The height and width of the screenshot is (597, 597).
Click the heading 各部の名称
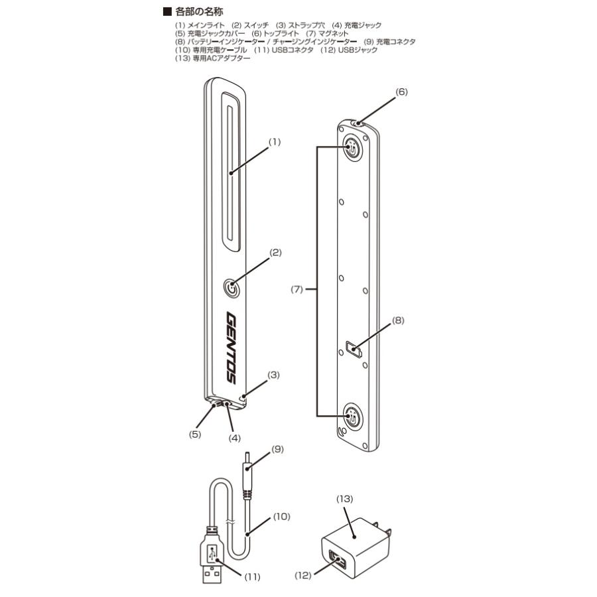[199, 12]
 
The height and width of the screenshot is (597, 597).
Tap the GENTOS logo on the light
[231, 348]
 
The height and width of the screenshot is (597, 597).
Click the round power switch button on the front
[231, 288]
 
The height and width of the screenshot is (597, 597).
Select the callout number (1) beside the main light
[275, 142]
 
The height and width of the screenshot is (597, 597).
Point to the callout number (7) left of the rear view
[297, 289]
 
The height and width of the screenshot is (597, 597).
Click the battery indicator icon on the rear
[354, 349]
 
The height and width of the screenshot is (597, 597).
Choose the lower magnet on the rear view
[352, 416]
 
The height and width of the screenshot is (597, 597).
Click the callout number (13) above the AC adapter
[344, 499]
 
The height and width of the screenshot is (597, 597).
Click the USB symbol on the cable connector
[212, 553]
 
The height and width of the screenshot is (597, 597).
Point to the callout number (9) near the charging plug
[277, 449]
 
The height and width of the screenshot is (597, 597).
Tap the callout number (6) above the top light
[401, 92]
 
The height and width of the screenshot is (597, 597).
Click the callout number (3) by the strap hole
[273, 375]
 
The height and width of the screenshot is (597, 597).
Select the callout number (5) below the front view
[195, 434]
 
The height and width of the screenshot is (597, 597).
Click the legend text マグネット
[333, 34]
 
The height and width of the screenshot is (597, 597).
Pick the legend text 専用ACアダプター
[222, 58]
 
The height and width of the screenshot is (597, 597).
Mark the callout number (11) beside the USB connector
[252, 577]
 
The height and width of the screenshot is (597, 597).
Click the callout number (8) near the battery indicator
[397, 320]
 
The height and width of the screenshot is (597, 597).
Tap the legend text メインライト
[206, 25]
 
